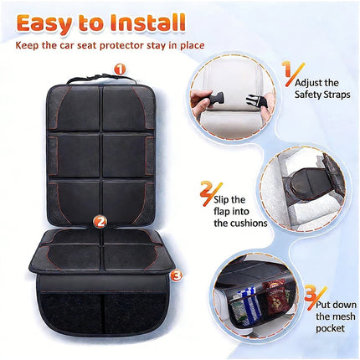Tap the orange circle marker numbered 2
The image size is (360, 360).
coord(100,222)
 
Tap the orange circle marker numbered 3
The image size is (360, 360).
coord(175,273)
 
